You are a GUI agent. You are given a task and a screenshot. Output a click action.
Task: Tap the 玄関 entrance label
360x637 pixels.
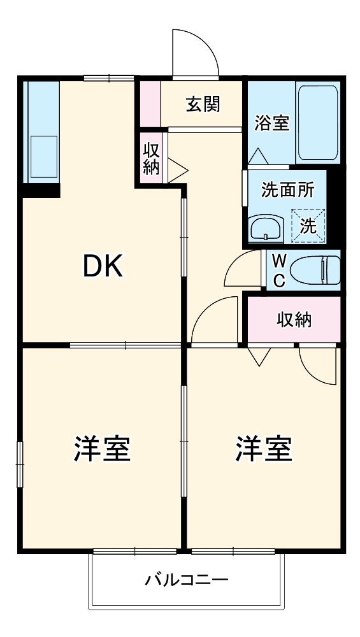(203, 104)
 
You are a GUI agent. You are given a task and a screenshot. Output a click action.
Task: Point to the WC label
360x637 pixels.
(278, 270)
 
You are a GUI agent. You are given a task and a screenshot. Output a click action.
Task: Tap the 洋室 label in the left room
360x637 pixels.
(102, 449)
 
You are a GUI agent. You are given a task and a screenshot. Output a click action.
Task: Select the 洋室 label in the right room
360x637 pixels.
(263, 449)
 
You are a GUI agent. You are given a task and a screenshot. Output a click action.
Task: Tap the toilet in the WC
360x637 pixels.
(315, 269)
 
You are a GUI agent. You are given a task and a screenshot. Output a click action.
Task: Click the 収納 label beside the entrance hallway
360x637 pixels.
(151, 159)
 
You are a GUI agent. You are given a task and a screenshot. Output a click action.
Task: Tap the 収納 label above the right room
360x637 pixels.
(294, 320)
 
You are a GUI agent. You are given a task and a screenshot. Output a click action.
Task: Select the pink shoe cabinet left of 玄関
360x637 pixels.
(150, 103)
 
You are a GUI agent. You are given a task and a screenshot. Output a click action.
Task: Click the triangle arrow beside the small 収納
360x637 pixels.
(177, 169)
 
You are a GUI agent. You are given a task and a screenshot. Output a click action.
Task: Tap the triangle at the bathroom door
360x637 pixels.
(259, 156)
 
